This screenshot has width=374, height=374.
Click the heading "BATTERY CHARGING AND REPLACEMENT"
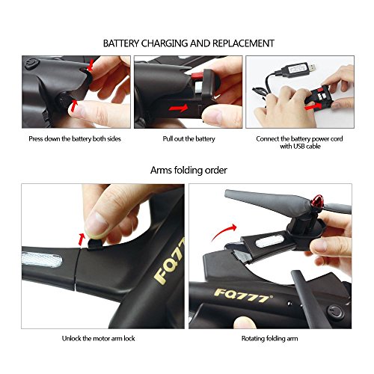click(x=188, y=43)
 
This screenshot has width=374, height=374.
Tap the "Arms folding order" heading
click(x=188, y=170)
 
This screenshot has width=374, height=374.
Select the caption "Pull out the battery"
click(x=188, y=138)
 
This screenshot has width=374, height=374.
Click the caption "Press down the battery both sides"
click(x=75, y=138)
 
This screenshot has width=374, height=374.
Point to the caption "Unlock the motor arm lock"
click(x=99, y=338)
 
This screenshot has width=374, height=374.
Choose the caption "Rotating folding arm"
click(x=269, y=338)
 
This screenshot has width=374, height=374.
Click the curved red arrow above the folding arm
click(x=224, y=231)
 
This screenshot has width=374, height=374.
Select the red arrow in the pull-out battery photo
click(x=178, y=108)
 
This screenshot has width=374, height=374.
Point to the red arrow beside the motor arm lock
click(x=82, y=239)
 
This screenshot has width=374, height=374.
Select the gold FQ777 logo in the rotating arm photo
click(x=243, y=295)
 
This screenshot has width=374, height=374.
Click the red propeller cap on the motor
click(x=317, y=200)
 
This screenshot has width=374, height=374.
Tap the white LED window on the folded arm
click(x=270, y=242)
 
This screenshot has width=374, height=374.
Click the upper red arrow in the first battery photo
click(x=91, y=64)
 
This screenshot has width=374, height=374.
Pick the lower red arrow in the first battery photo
click(x=74, y=106)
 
